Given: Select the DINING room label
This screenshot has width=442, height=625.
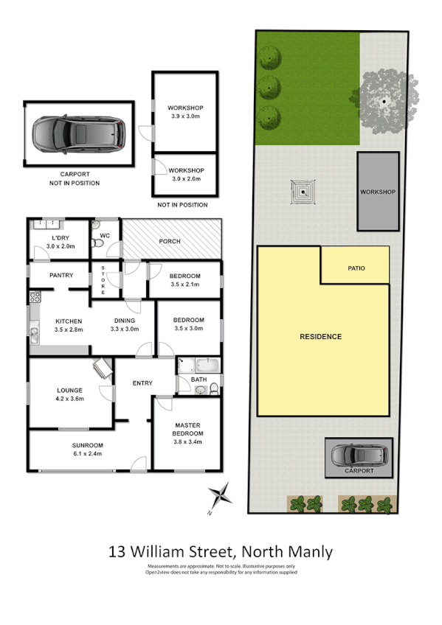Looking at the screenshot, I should click(123, 324).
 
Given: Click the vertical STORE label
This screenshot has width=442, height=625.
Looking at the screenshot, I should click(103, 280).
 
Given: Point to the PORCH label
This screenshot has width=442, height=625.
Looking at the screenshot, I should click(170, 241).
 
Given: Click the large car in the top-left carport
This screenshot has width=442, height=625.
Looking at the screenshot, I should click(77, 135).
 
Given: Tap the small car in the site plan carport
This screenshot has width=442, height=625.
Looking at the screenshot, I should click(359, 455).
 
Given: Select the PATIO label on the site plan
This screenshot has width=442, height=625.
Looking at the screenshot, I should click(356, 269).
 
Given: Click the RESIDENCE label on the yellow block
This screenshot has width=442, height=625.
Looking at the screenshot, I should click(320, 337).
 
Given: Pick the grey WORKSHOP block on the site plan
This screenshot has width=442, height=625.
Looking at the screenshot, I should click(378, 192).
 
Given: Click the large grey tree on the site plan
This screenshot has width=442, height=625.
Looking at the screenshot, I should click(385, 97).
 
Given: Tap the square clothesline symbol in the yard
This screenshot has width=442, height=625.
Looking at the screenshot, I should click(302, 194).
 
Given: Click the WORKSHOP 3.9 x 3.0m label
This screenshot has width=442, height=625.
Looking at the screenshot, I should click(184, 112).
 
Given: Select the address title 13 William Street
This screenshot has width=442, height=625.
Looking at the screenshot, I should click(221, 551).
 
